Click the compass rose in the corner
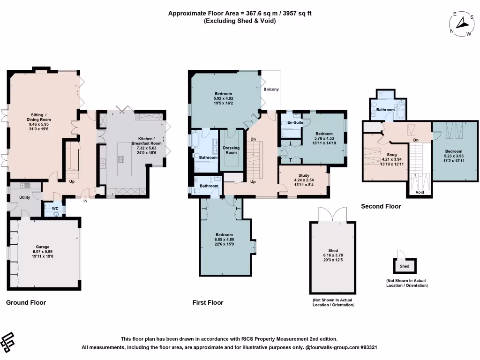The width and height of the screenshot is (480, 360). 461,24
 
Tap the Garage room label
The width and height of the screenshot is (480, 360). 43,247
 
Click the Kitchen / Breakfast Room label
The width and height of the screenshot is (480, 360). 150,141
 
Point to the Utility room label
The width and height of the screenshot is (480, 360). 24,197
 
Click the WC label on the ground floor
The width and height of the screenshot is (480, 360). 55,208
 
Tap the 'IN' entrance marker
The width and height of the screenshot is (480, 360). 85,201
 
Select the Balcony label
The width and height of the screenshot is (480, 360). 271,89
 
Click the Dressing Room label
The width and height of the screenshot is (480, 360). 231,150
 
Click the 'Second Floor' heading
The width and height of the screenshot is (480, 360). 381,206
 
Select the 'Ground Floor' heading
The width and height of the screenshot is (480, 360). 26,303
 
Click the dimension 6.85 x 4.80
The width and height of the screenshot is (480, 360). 225,240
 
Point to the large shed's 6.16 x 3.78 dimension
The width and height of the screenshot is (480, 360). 331,255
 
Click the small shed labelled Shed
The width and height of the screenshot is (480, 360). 404,266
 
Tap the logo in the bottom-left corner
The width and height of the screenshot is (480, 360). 8,343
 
